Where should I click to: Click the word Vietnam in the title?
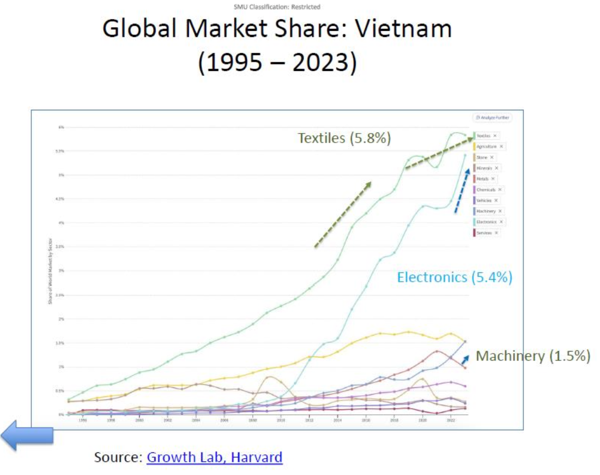pyautogui.click(x=403, y=29)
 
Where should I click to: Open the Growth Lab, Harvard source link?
pyautogui.click(x=215, y=457)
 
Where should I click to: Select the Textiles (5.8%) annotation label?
pyautogui.click(x=344, y=138)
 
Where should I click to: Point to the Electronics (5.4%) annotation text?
pyautogui.click(x=454, y=277)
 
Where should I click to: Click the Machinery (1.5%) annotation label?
pyautogui.click(x=533, y=356)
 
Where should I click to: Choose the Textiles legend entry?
pyautogui.click(x=483, y=136)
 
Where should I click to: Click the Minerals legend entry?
pyautogui.click(x=484, y=168)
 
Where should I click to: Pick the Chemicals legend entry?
pyautogui.click(x=486, y=189)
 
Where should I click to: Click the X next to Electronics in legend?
pyautogui.click(x=501, y=222)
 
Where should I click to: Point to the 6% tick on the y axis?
pyautogui.click(x=61, y=127)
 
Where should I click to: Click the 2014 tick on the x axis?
pyautogui.click(x=337, y=421)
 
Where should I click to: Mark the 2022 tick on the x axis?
pyautogui.click(x=451, y=421)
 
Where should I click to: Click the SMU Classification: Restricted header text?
pyautogui.click(x=277, y=7)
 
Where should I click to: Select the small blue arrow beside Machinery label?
pyautogui.click(x=464, y=359)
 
